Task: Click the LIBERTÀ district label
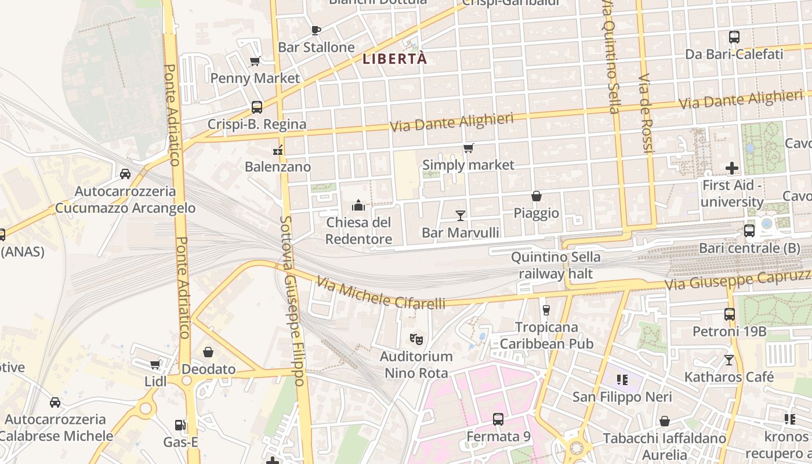click(x=394, y=59)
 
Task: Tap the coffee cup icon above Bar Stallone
click(x=316, y=30)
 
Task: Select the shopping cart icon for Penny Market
click(x=255, y=61)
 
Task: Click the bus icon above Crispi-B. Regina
click(x=256, y=107)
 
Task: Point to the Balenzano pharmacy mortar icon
click(x=278, y=150)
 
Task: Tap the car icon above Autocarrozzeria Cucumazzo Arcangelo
click(x=125, y=173)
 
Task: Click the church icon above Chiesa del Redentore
click(x=358, y=205)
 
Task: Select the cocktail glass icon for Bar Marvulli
click(x=461, y=216)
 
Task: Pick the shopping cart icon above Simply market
click(x=468, y=148)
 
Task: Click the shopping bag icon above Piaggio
click(x=536, y=197)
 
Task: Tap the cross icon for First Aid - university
click(x=732, y=168)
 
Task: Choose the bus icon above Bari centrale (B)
click(x=749, y=231)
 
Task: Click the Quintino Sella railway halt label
click(x=556, y=265)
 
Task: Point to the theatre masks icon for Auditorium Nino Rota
click(x=416, y=339)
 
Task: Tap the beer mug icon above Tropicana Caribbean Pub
click(x=546, y=310)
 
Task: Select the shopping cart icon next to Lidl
click(x=155, y=364)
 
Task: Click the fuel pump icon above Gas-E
click(x=180, y=425)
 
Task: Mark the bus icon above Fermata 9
click(x=498, y=419)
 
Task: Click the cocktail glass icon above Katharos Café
click(x=728, y=360)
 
